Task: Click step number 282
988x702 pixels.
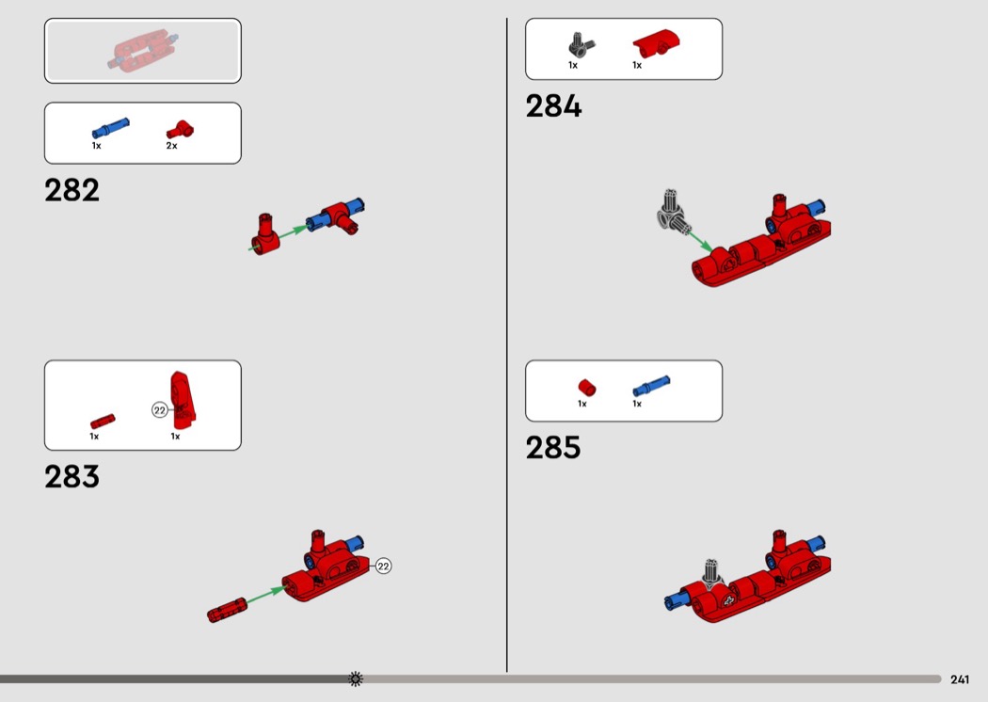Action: click(x=72, y=190)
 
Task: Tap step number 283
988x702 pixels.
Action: click(x=72, y=476)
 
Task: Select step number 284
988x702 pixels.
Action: click(x=553, y=106)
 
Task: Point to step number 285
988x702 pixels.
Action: click(x=553, y=448)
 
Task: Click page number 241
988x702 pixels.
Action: click(x=960, y=679)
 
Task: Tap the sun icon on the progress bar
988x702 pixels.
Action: click(x=356, y=678)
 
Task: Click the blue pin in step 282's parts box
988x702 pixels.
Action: click(x=110, y=128)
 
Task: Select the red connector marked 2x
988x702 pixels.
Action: click(x=181, y=130)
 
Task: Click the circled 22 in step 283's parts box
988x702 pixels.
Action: click(x=160, y=410)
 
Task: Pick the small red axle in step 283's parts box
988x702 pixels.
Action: click(x=102, y=421)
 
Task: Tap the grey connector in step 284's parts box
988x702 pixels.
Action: click(x=581, y=45)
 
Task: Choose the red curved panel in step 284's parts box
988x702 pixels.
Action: click(x=656, y=43)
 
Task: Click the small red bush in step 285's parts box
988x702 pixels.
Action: click(x=586, y=387)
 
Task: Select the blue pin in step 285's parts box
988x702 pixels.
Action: click(x=651, y=386)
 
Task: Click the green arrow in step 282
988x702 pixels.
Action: click(x=278, y=238)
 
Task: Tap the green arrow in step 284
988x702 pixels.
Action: click(x=699, y=241)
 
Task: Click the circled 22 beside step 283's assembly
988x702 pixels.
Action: click(x=383, y=566)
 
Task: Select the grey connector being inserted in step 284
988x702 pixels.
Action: click(x=673, y=211)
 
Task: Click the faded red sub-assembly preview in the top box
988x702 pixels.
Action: click(x=142, y=49)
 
